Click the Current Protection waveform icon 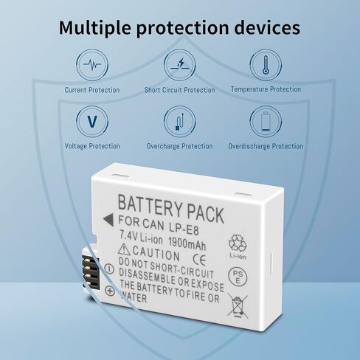92,65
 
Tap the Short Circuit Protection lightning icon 180,65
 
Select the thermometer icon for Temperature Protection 266,65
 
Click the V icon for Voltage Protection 92,122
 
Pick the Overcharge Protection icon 180,122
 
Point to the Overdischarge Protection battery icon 266,122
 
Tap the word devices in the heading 267,27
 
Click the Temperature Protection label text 266,89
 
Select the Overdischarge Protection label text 266,146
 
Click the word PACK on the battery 205,214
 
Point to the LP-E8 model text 184,227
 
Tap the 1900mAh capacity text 187,243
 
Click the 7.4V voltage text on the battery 128,235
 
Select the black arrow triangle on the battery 108,220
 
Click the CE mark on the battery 199,260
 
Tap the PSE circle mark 238,277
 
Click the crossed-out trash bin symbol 238,305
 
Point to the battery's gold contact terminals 91,271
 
